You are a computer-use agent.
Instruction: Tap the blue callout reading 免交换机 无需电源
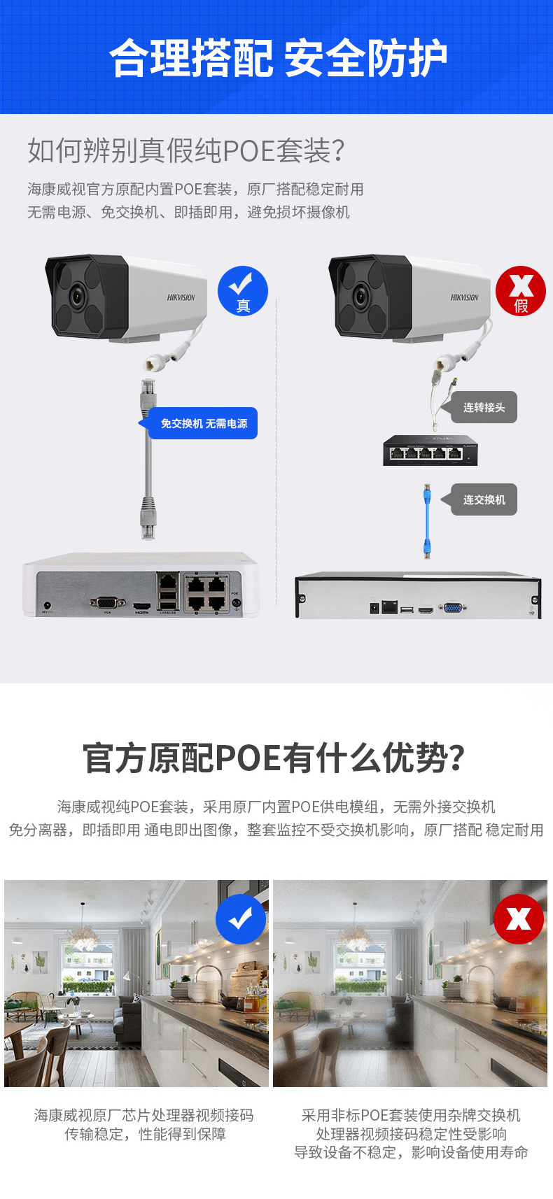203,423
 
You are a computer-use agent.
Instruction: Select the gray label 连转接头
484,407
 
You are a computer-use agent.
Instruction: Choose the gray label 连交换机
484,499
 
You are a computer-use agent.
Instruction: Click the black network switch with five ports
430,450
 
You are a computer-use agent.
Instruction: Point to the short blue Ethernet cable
426,520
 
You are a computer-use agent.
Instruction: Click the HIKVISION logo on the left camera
181,297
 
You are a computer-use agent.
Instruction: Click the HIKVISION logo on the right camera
464,297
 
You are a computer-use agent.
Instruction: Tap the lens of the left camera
76,297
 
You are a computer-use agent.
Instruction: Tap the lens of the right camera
360,297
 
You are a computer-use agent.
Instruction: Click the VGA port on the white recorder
107,602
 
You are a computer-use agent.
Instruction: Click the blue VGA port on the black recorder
453,609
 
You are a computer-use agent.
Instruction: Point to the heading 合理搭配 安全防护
277,57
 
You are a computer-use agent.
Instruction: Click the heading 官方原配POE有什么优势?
274,758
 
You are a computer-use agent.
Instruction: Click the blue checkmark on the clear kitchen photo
241,918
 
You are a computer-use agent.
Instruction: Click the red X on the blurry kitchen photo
519,918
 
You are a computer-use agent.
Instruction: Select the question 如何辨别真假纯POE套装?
186,150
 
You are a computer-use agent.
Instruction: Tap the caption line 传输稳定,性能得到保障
145,1134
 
